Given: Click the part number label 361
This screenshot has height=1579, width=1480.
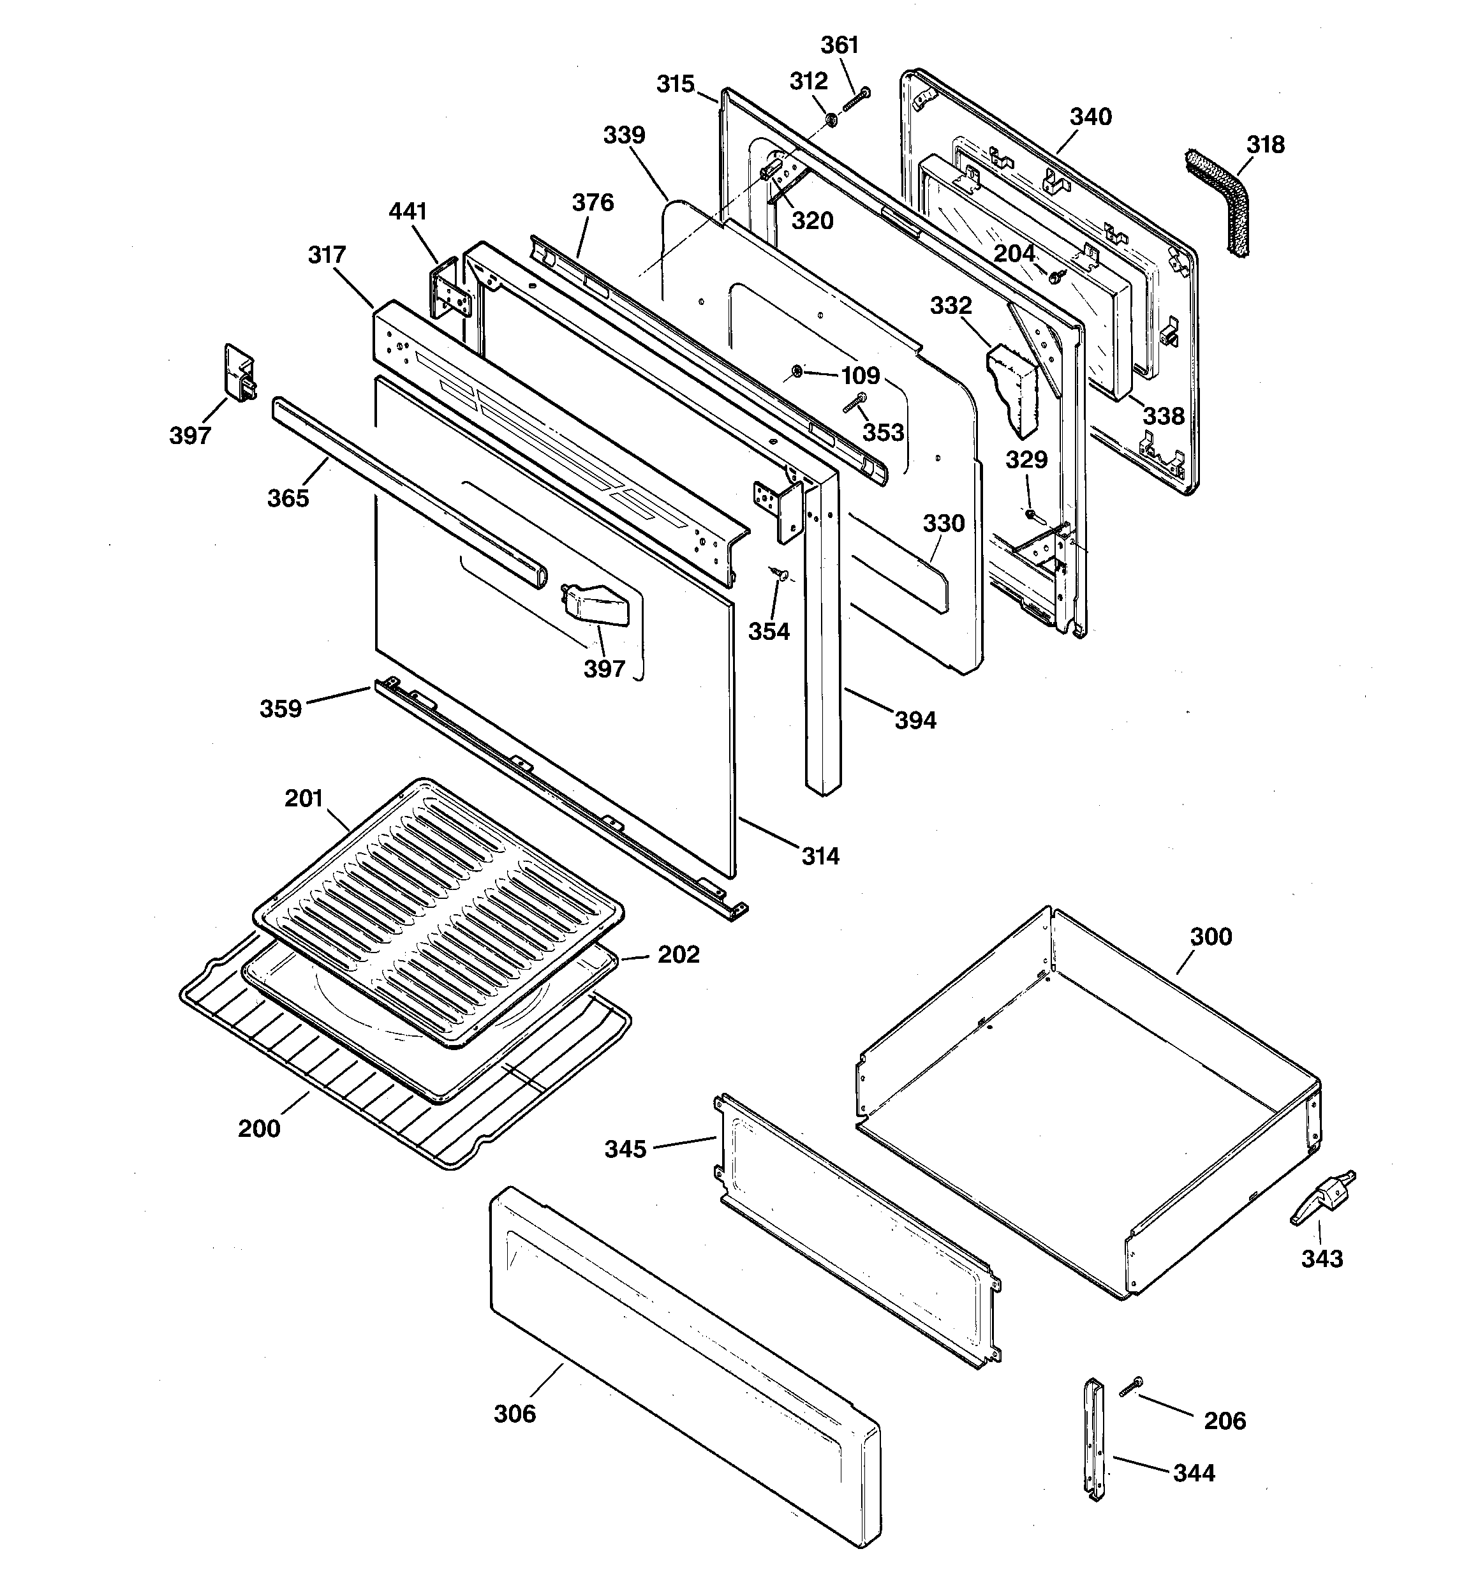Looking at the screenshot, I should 839,45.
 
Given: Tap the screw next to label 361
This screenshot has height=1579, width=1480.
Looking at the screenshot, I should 855,101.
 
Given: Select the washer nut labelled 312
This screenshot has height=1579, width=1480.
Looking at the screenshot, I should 830,120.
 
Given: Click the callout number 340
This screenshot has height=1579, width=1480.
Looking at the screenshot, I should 1090,117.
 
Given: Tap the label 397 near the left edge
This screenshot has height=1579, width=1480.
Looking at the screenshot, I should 190,434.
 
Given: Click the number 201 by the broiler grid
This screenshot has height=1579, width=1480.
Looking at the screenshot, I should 304,798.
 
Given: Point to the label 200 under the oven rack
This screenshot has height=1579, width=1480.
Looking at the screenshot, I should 259,1128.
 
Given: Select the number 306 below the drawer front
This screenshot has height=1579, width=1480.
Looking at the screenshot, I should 515,1413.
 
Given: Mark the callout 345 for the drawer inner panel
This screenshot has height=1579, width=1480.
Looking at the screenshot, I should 625,1149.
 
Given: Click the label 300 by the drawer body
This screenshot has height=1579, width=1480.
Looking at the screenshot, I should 1211,937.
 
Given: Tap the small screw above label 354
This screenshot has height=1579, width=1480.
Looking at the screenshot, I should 778,573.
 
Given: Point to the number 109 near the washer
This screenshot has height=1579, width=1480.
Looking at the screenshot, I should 861,375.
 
